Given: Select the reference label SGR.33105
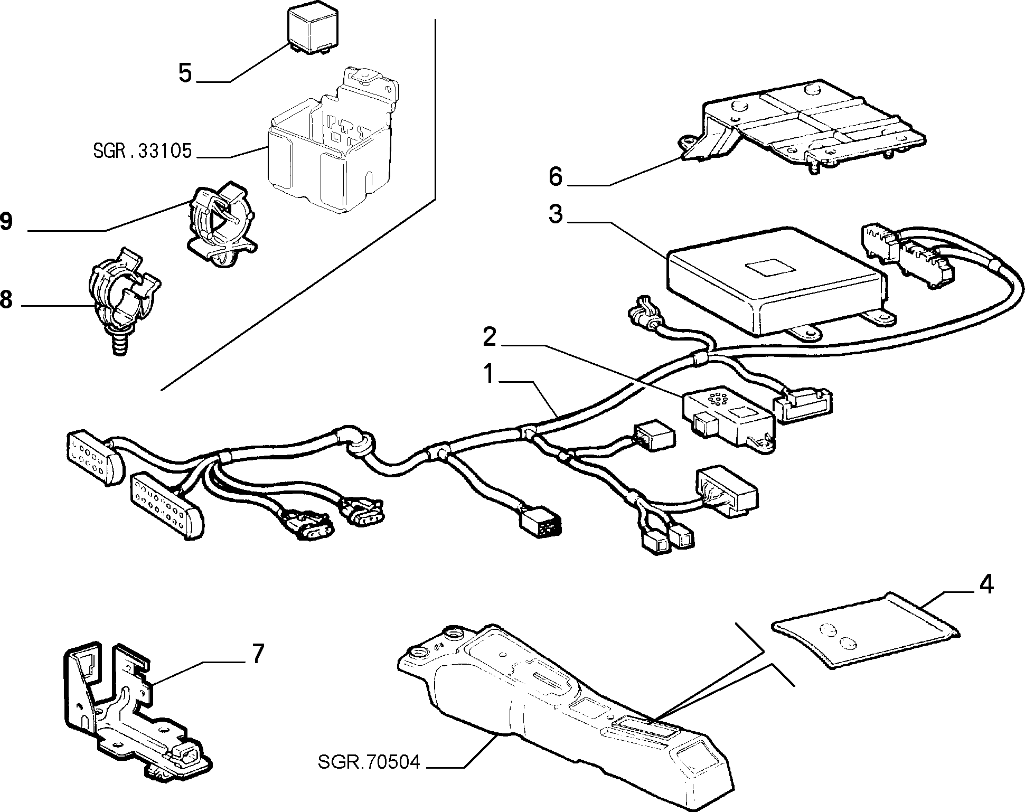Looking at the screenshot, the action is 142,152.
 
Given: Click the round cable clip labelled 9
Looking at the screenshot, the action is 220,222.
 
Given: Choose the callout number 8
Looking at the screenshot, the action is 5,299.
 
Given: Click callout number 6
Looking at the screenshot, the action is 555,176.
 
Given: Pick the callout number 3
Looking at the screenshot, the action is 555,215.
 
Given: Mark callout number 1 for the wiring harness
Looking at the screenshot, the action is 490,374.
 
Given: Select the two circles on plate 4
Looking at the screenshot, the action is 839,636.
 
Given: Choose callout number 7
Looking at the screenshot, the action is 257,654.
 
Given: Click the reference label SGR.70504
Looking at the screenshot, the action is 369,762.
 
